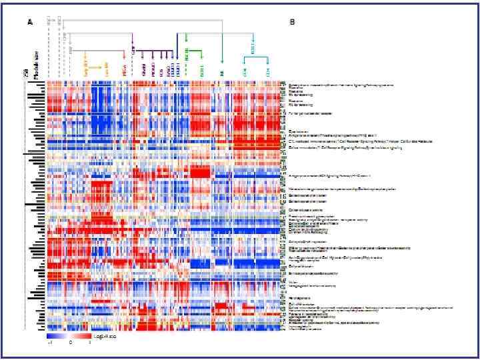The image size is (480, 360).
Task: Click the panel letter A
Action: point(29,22)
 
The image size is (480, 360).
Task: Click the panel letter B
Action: point(292,22)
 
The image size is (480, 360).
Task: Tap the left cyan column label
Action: point(245,70)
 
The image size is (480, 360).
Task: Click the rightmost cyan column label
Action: point(268,70)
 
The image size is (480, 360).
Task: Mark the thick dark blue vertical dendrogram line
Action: point(177,53)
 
